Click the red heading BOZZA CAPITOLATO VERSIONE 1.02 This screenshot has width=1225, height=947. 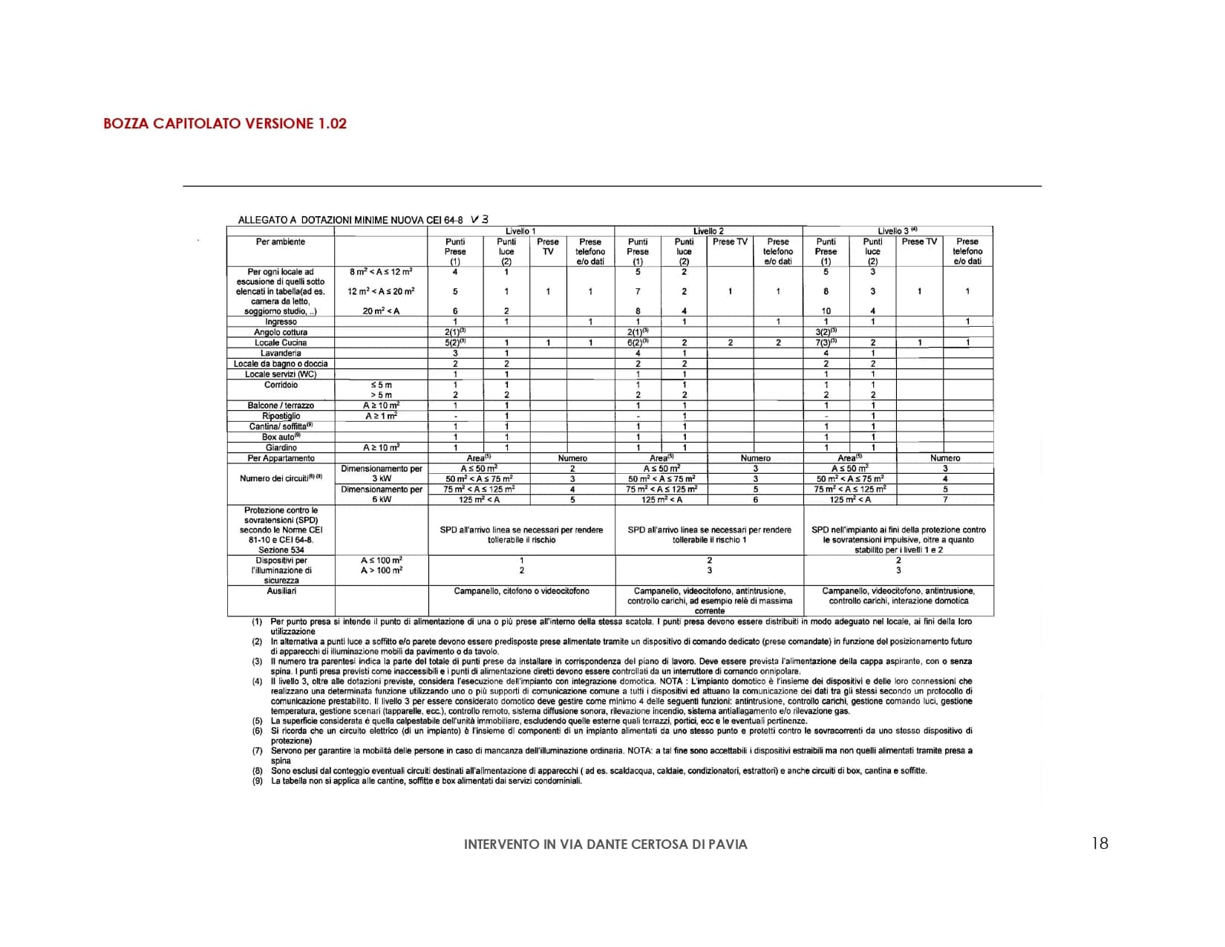[x=225, y=124]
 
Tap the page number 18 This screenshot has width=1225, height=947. [x=1100, y=843]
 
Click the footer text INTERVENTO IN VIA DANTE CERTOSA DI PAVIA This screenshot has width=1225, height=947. [x=605, y=845]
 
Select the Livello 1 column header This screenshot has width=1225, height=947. [x=520, y=231]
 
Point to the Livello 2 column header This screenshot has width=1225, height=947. [x=708, y=231]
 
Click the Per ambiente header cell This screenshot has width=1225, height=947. [x=281, y=242]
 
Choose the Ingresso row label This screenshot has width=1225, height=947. [x=281, y=322]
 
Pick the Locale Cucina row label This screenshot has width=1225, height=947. [x=281, y=342]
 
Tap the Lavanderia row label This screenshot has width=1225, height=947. [x=281, y=353]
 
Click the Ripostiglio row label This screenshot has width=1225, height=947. [x=281, y=416]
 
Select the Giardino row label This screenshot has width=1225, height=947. [x=281, y=448]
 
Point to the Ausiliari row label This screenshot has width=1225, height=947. [x=281, y=591]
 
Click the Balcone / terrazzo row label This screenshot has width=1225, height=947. [x=281, y=406]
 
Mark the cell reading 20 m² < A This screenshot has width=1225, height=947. [x=381, y=311]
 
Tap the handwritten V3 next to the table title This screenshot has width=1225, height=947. [x=480, y=219]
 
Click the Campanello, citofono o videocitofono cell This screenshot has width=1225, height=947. [x=521, y=591]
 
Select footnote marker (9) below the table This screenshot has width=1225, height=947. [x=257, y=781]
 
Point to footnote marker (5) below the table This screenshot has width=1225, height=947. [x=257, y=721]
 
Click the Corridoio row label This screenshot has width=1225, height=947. [x=281, y=385]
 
